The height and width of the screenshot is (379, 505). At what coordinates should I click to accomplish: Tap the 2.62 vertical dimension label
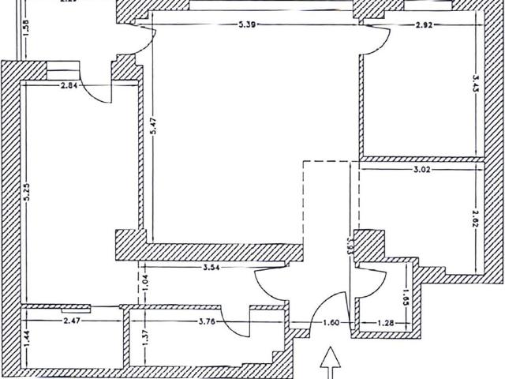click(475, 217)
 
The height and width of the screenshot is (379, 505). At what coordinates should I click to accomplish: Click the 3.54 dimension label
click(211, 269)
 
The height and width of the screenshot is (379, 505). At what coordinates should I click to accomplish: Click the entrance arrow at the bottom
click(331, 361)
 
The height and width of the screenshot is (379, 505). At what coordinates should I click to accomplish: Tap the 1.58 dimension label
click(25, 27)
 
